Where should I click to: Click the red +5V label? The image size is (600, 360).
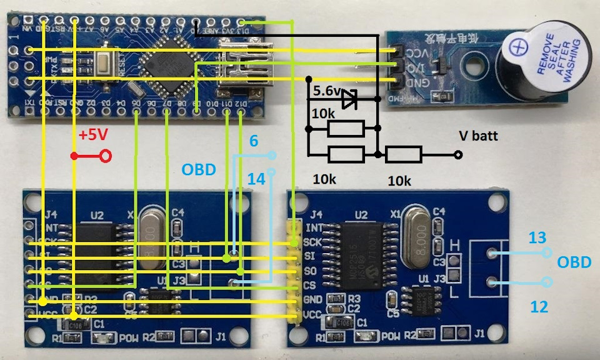[92, 136]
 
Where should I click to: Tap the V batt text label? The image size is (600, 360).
[478, 135]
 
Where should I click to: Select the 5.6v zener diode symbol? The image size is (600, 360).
[349, 98]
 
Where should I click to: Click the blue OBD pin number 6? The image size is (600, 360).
[253, 142]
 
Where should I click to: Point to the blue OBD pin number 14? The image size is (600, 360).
[256, 179]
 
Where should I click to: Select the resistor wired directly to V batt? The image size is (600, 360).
[404, 154]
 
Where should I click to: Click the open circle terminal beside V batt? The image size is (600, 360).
[458, 154]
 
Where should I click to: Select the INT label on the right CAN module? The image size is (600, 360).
[314, 227]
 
